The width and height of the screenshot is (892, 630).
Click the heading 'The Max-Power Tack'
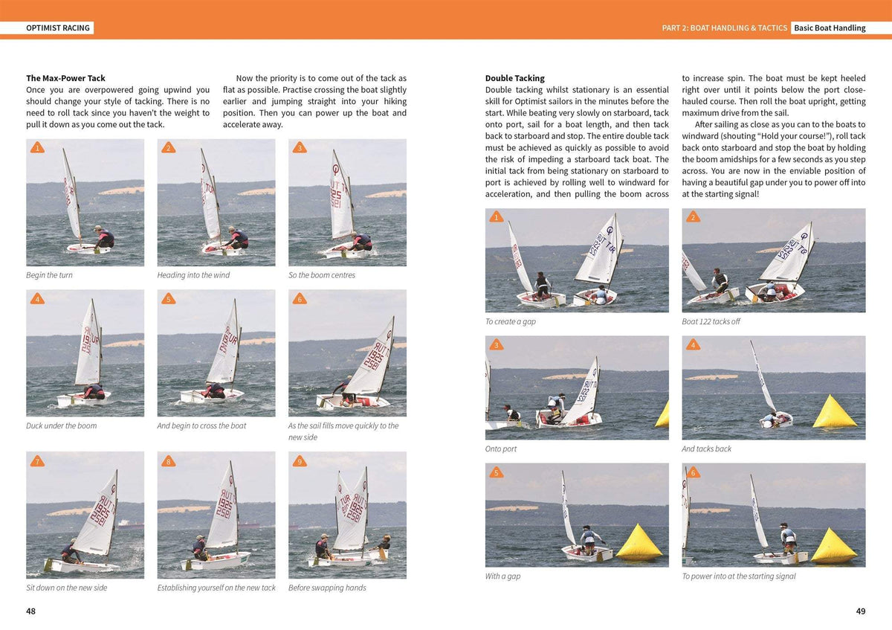[x=65, y=78]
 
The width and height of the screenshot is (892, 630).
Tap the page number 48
[x=31, y=611]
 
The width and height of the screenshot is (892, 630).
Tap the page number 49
[x=861, y=611]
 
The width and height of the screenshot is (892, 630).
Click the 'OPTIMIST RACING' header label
[x=57, y=28]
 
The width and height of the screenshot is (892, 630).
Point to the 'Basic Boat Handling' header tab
[x=830, y=28]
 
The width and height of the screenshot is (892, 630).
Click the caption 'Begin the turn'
[x=49, y=275]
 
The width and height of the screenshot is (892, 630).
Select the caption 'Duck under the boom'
[x=61, y=426]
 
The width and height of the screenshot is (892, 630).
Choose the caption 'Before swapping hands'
[x=327, y=588]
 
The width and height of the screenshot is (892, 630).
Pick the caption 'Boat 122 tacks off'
[x=711, y=322]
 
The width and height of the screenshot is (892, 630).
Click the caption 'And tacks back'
[x=706, y=449]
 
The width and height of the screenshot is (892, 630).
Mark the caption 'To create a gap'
[x=510, y=322]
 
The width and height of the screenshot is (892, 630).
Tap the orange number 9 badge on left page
[x=300, y=462]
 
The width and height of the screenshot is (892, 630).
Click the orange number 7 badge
[x=37, y=462]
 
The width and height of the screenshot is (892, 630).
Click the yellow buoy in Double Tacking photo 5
[x=639, y=543]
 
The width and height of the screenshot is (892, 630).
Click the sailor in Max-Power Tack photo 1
[x=104, y=238]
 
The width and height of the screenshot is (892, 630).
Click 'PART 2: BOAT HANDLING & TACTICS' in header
[x=724, y=28]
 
